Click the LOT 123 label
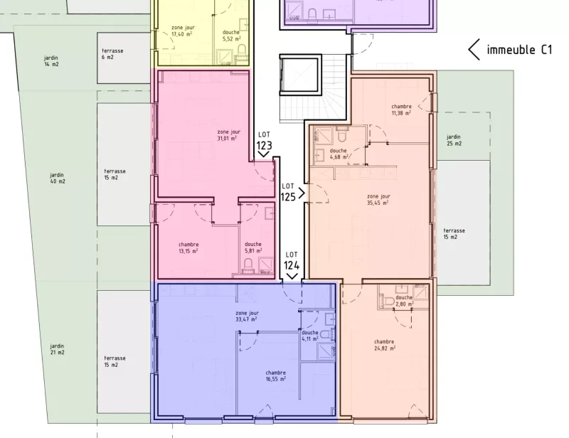264,139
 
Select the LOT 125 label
288,191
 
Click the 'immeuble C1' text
519,50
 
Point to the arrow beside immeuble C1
474,50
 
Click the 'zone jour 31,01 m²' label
229,135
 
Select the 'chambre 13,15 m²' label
188,247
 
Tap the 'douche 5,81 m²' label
254,247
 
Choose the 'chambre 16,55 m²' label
275,376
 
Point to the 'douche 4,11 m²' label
310,336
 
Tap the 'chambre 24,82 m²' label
384,345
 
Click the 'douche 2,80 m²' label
403,301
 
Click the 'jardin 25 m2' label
454,140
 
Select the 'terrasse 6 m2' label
113,54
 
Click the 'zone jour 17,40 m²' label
183,31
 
